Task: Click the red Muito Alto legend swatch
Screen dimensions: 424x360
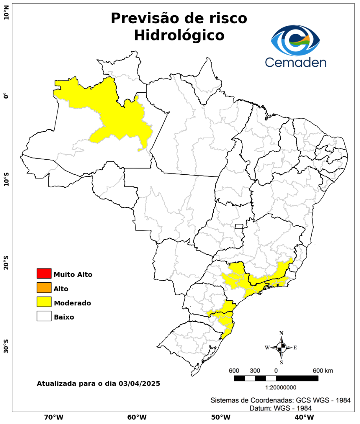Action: [44, 273]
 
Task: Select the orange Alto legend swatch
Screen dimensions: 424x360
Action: [44, 288]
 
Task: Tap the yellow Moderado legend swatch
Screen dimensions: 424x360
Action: [44, 302]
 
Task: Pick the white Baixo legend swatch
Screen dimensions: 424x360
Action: [44, 316]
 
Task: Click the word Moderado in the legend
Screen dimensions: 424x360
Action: [72, 303]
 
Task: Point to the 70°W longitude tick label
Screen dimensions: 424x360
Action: [54, 417]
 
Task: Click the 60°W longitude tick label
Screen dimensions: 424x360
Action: [137, 417]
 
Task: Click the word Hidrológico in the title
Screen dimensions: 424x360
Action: [179, 35]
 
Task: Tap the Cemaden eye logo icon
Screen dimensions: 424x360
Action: [296, 40]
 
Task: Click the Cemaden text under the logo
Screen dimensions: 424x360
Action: [296, 62]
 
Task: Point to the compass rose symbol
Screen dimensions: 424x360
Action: [281, 347]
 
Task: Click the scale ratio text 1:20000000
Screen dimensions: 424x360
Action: [281, 387]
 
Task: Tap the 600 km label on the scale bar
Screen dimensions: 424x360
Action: [323, 371]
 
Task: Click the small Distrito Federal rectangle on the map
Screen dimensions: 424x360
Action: [239, 226]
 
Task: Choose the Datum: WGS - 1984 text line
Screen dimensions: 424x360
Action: [281, 408]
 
